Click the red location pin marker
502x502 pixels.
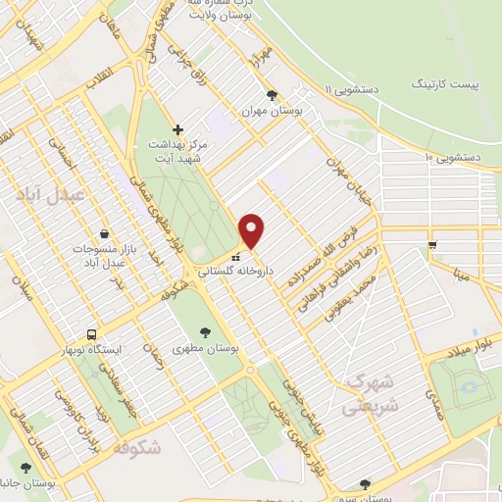click(252, 230)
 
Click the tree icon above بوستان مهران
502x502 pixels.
click(271, 96)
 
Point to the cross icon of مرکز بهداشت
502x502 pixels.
click(177, 128)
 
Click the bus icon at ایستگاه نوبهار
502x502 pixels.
click(91, 333)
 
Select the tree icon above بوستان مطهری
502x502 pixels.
click(205, 333)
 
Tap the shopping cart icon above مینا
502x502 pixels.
click(431, 245)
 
